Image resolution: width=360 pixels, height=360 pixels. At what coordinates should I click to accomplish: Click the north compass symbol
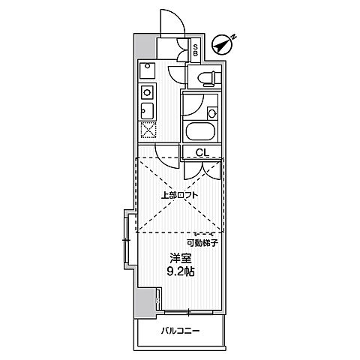pyautogui.click(x=223, y=45)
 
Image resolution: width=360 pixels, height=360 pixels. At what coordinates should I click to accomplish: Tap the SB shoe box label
pyautogui.click(x=196, y=50)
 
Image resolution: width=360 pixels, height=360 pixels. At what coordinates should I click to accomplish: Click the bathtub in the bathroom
pyautogui.click(x=200, y=132)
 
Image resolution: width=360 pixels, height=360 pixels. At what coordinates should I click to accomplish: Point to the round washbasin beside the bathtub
pyautogui.click(x=212, y=114)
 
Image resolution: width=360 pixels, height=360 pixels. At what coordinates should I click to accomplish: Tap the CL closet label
pyautogui.click(x=202, y=152)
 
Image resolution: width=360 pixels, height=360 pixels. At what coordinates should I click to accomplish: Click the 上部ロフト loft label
pyautogui.click(x=179, y=195)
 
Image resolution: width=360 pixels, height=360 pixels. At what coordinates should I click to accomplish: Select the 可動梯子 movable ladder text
pyautogui.click(x=203, y=242)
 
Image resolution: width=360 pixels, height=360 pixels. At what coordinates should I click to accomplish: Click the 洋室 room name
pyautogui.click(x=181, y=259)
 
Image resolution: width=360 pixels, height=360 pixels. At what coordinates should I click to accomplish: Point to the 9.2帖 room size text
pyautogui.click(x=181, y=271)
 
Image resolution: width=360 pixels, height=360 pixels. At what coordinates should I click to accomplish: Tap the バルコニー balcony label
pyautogui.click(x=181, y=331)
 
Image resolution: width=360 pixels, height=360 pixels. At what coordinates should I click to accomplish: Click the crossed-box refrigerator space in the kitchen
pyautogui.click(x=148, y=130)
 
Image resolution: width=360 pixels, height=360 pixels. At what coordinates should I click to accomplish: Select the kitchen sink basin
pyautogui.click(x=147, y=111)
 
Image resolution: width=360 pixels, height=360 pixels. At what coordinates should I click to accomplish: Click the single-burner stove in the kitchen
pyautogui.click(x=147, y=92)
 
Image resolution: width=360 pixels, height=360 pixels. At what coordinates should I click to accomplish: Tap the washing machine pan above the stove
pyautogui.click(x=147, y=70)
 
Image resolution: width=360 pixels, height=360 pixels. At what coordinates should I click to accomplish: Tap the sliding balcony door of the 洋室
pyautogui.click(x=189, y=312)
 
